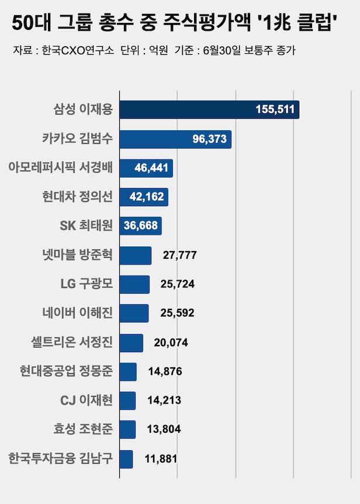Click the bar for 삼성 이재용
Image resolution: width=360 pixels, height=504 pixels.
pyautogui.click(x=209, y=110)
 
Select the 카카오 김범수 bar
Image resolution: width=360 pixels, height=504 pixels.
pyautogui.click(x=175, y=139)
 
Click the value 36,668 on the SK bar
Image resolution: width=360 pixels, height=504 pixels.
pyautogui.click(x=140, y=225)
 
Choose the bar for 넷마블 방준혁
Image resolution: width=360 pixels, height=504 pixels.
pyautogui.click(x=136, y=255)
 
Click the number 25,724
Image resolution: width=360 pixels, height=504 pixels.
pyautogui.click(x=177, y=284)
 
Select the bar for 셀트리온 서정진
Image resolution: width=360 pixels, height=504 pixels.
pyautogui.click(x=131, y=342)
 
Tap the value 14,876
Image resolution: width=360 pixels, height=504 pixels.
pyautogui.click(x=164, y=371)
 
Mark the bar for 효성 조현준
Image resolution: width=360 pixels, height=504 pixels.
pyautogui.click(x=127, y=429)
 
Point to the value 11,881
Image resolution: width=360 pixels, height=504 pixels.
pyautogui.click(x=160, y=459)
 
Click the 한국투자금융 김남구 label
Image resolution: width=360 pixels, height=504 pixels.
pyautogui.click(x=61, y=458)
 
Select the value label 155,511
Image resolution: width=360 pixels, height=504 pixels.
pyautogui.click(x=275, y=110)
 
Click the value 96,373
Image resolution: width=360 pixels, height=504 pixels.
pyautogui.click(x=209, y=139)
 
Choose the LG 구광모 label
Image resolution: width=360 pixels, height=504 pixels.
pyautogui.click(x=86, y=284)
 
